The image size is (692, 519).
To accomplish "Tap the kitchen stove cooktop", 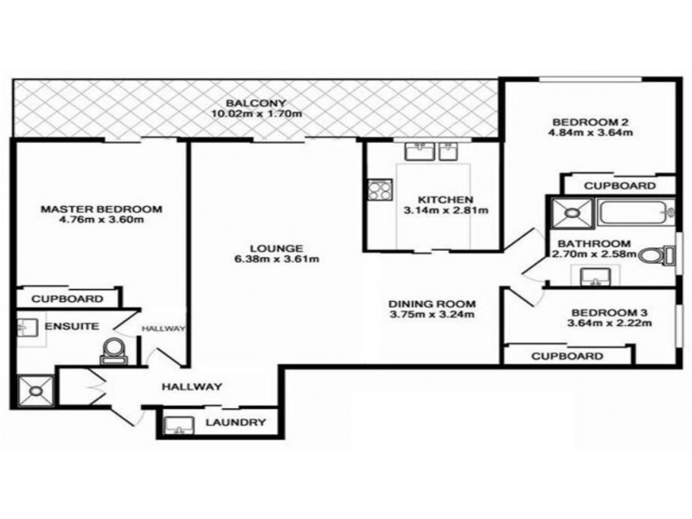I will (378, 189).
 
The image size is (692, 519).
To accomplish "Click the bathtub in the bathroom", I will (631, 211).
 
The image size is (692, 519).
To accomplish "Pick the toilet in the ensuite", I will (113, 350).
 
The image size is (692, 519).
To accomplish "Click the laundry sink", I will (178, 423).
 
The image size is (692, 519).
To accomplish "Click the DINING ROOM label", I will (432, 304).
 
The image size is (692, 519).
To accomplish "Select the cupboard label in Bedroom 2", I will (618, 186).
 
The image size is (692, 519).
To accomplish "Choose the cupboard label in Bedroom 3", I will (567, 356).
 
